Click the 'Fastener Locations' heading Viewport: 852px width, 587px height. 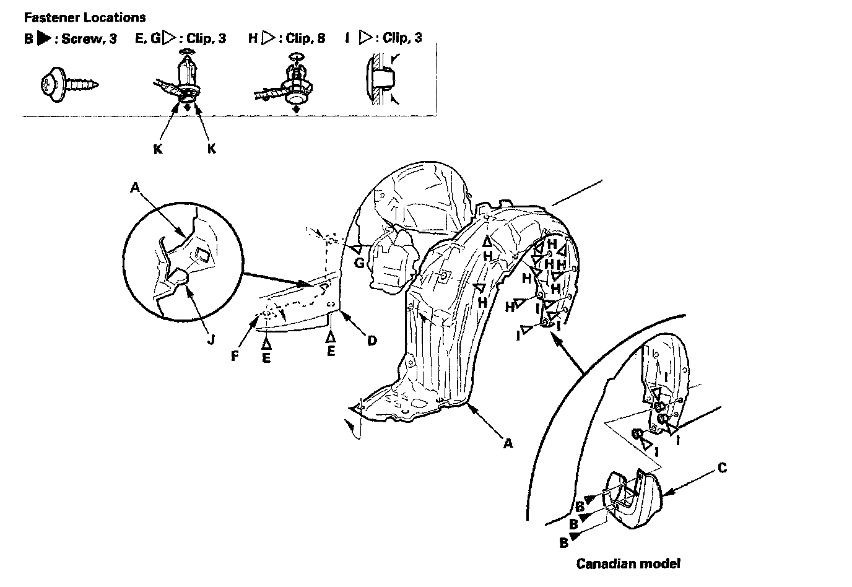click(x=85, y=17)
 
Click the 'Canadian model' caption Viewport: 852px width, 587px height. click(x=628, y=563)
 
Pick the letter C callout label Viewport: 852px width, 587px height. click(x=721, y=468)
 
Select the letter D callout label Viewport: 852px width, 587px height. click(x=372, y=340)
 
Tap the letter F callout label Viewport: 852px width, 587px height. click(x=235, y=357)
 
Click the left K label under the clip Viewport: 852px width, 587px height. click(x=157, y=149)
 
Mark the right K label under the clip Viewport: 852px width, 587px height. click(x=211, y=149)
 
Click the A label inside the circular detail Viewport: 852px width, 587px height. click(x=135, y=187)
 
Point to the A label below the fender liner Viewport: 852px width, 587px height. click(x=508, y=443)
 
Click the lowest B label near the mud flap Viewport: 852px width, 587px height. click(x=563, y=542)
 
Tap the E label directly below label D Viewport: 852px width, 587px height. click(x=331, y=351)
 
